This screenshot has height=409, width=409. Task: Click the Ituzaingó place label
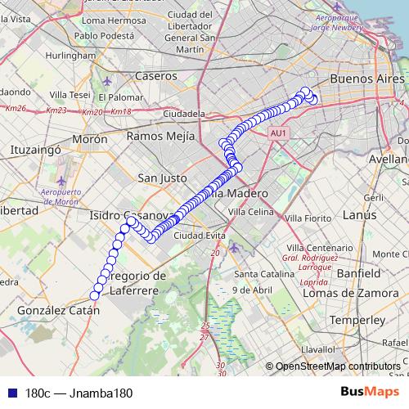coord(35,151)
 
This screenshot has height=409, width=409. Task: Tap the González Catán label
coord(58,311)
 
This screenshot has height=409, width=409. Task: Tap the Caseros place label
coord(156,76)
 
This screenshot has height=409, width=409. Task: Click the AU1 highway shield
coord(278,132)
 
